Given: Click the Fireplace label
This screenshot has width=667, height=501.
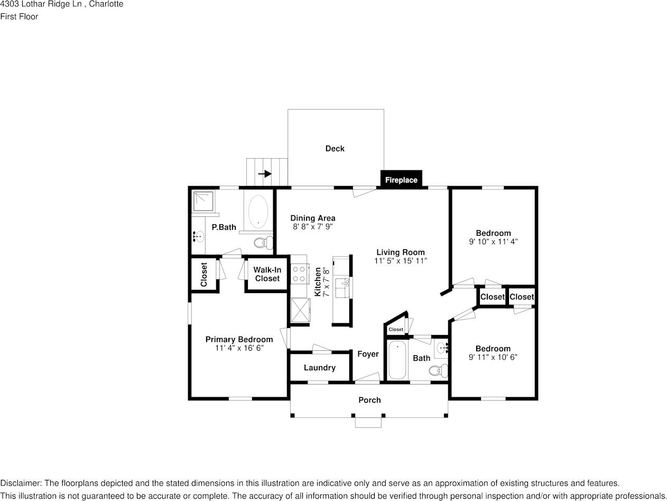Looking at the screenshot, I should [401, 180].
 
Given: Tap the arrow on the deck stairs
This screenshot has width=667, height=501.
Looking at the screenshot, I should [265, 174].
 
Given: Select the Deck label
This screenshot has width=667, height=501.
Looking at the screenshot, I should [335, 149].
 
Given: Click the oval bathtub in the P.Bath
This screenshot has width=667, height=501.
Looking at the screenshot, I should [258, 212].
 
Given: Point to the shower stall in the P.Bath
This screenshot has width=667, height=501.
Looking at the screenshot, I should [203, 201].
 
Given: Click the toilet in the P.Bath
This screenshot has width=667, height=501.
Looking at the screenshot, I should [262, 243].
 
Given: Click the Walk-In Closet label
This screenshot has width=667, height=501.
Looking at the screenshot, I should [267, 274].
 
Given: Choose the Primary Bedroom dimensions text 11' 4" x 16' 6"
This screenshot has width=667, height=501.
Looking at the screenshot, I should [239, 348].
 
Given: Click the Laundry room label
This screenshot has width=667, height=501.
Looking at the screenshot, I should [319, 368].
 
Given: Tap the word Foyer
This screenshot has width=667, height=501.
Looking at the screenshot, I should [368, 354].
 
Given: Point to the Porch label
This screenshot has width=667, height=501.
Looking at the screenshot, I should [369, 400].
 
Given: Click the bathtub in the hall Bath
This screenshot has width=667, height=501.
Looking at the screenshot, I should [397, 360].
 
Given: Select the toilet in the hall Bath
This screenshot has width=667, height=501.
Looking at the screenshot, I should [437, 370].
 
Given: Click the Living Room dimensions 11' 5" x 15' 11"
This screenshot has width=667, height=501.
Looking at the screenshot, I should [400, 261].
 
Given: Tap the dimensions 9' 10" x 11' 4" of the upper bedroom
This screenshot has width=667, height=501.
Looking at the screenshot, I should [493, 241].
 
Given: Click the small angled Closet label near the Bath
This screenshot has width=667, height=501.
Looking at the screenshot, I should [395, 330].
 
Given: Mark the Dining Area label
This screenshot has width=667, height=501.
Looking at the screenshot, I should [312, 218].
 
